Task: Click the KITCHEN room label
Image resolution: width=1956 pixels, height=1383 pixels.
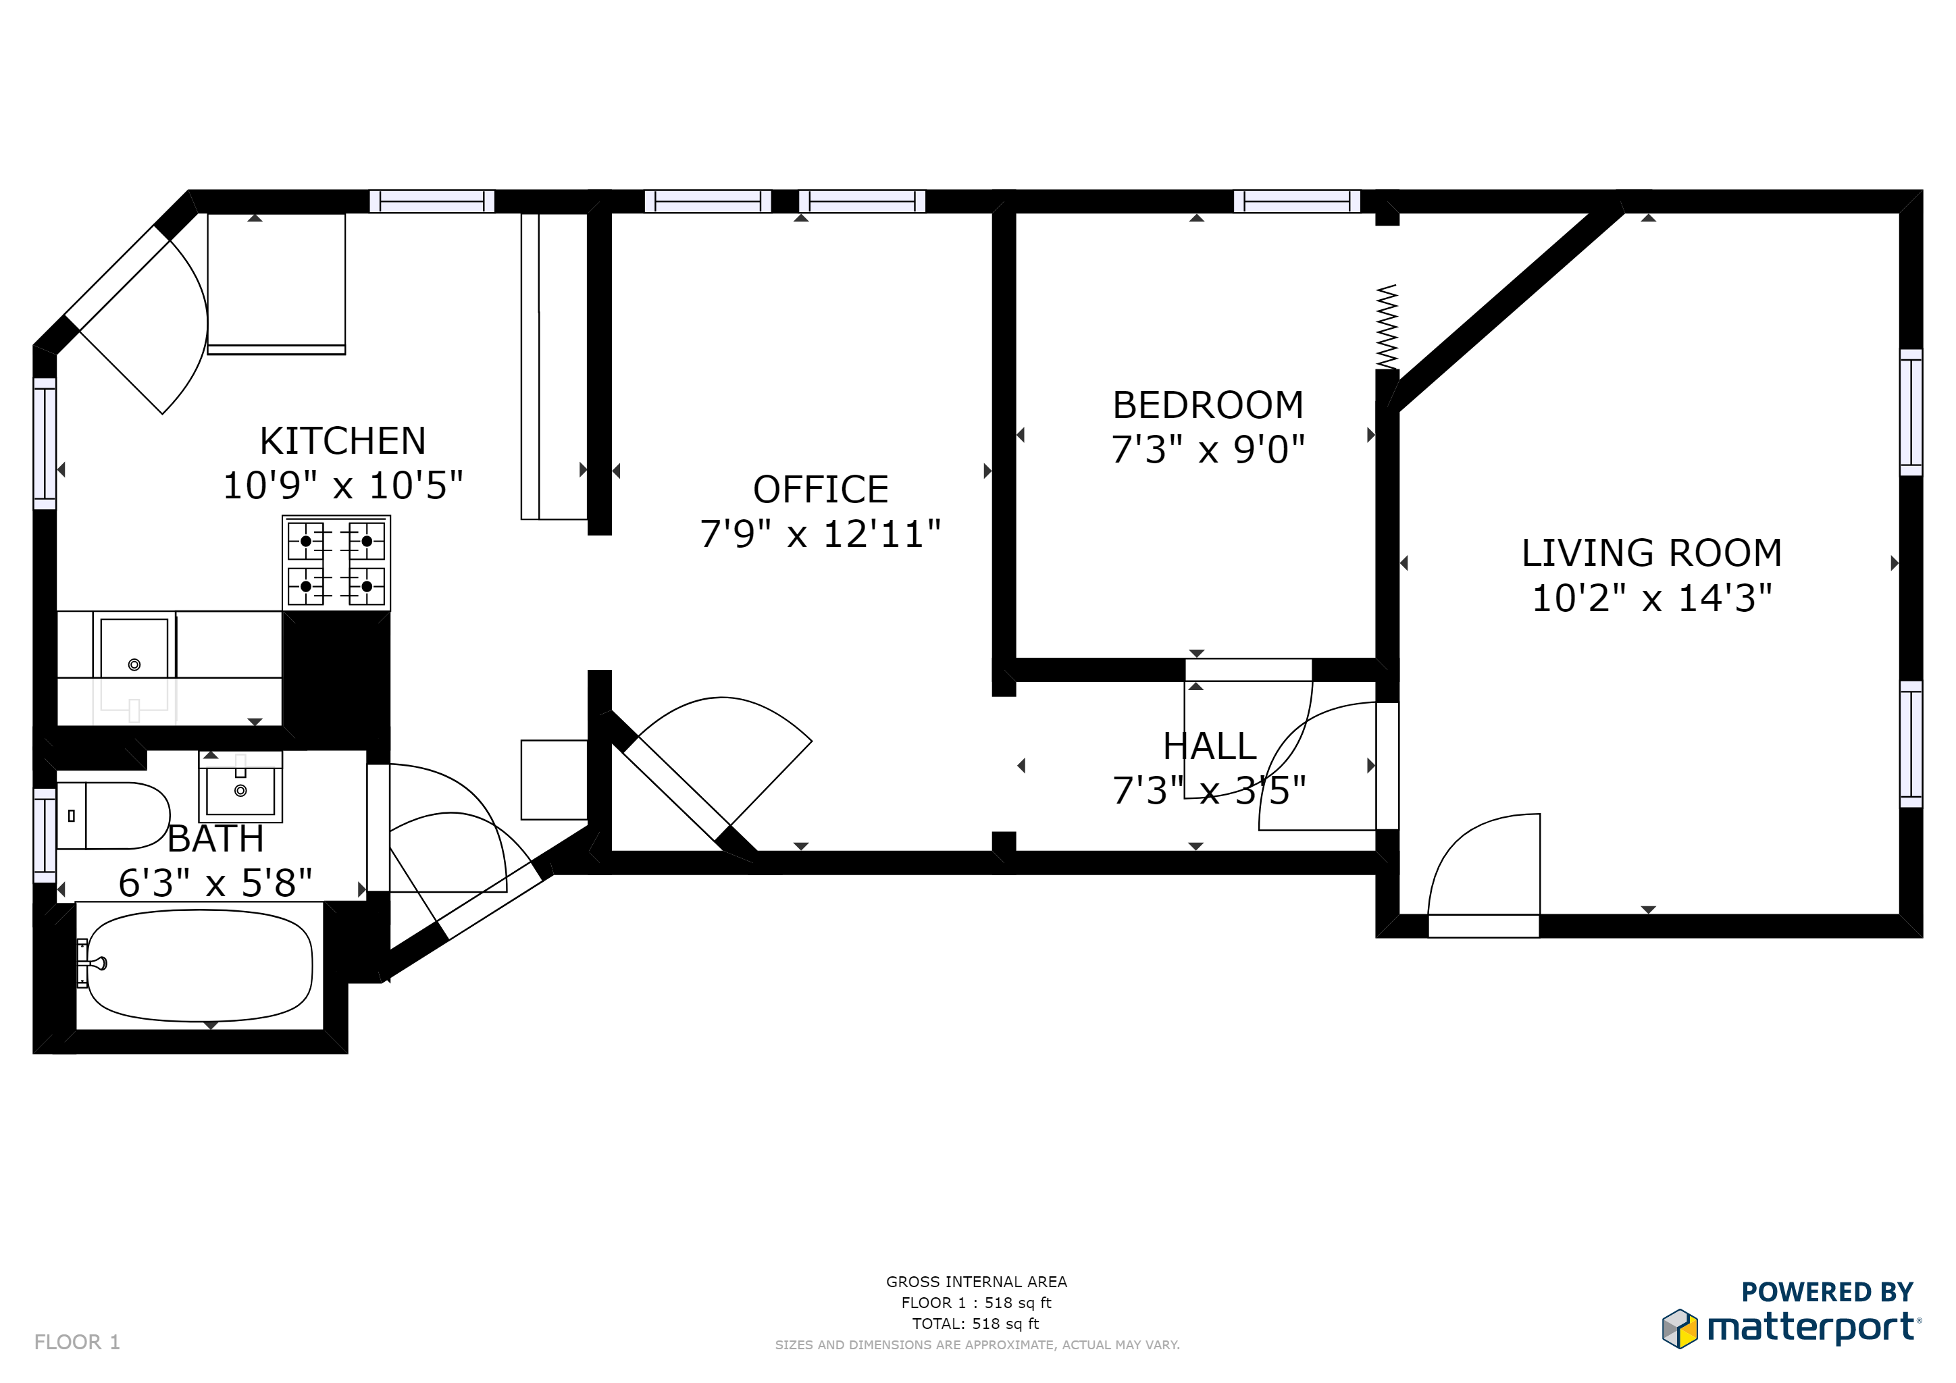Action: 342,441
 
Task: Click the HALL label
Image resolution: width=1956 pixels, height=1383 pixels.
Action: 1209,747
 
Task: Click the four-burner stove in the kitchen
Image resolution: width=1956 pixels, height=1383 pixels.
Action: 336,563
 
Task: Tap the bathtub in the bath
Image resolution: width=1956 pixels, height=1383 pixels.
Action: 199,966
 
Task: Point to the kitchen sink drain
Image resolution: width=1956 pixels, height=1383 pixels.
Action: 134,664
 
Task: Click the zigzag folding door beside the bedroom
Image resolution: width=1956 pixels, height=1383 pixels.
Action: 1387,327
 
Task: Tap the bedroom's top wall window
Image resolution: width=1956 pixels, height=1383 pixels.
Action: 1297,202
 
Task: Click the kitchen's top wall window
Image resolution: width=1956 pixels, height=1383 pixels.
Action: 432,202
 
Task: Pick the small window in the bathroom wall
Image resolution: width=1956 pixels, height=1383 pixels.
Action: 45,835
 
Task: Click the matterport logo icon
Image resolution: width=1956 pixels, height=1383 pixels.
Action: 1679,1328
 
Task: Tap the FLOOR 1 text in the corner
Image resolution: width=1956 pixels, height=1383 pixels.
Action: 78,1342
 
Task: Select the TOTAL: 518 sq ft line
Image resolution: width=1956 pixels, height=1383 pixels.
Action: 975,1324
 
